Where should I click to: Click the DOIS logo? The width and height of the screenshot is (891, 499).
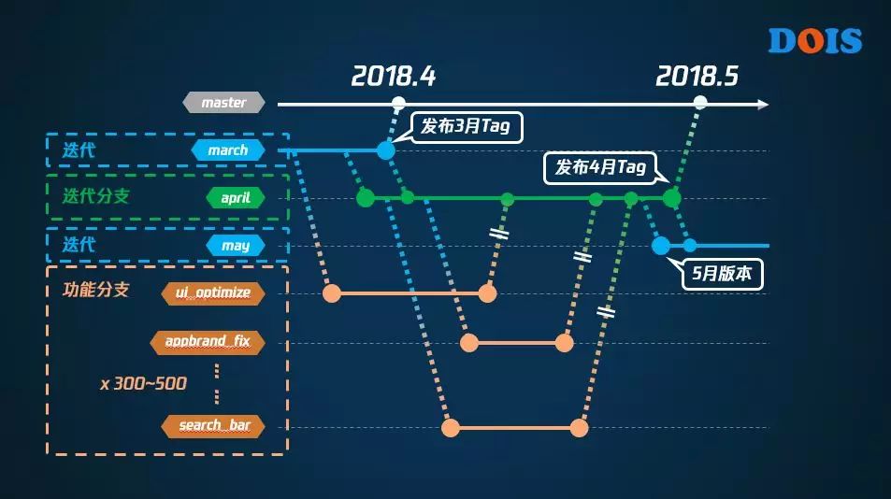coord(814,40)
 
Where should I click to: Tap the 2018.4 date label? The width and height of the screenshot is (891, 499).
coord(394,76)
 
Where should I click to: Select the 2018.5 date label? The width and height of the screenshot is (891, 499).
coord(697,76)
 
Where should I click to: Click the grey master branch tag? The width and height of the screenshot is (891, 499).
coord(224,103)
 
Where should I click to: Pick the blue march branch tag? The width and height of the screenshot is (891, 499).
coord(228,150)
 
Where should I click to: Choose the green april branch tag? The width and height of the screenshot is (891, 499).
coord(236,198)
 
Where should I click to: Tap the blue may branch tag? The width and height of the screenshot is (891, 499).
coord(236,246)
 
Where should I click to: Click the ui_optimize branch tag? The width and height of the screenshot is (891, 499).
coord(213,292)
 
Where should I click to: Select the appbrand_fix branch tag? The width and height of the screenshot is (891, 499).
coord(208,342)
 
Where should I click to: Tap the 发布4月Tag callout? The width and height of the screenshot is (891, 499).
coord(600,167)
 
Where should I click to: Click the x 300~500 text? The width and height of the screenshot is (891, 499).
coord(143,383)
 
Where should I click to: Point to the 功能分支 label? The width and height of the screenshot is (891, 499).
coord(95,290)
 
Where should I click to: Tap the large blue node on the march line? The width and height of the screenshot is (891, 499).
coord(386,150)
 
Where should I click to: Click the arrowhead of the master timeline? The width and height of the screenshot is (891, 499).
coord(764,104)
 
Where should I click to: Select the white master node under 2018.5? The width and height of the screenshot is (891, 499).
coord(699,104)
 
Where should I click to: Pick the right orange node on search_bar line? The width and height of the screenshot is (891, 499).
coord(579,428)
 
